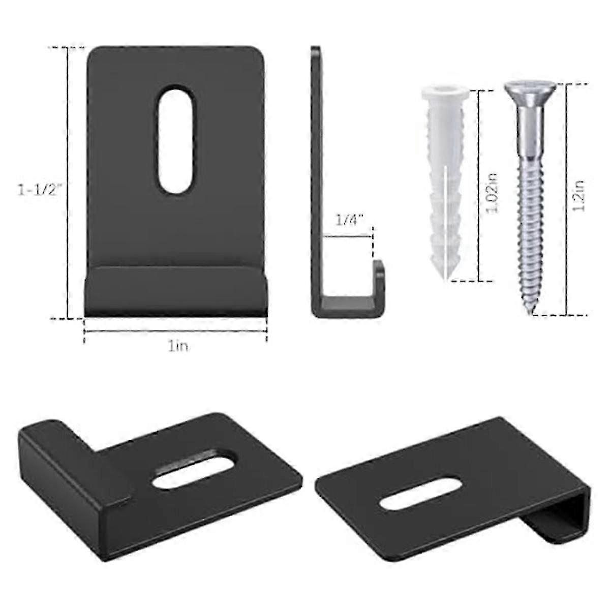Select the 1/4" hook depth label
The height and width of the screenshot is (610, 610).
click(x=349, y=221)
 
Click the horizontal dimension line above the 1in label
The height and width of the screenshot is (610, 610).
click(x=175, y=332)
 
